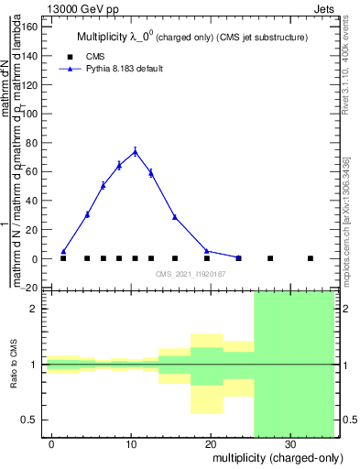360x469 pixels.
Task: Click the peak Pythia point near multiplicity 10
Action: pyautogui.click(x=135, y=152)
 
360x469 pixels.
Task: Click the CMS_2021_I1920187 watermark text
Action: pyautogui.click(x=191, y=274)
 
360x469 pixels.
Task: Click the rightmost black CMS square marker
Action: pyautogui.click(x=310, y=258)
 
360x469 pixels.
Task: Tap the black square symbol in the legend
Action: pyautogui.click(x=64, y=56)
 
